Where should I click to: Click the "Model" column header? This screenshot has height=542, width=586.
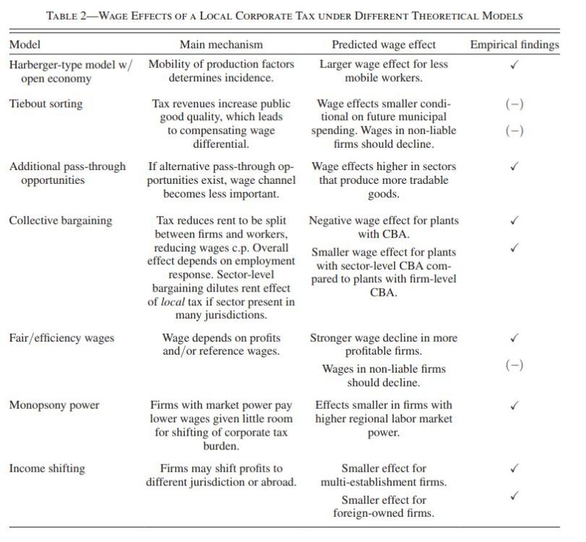click(x=25, y=45)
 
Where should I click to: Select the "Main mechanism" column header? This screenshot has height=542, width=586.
click(x=221, y=45)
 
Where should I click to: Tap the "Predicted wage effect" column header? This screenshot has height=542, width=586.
click(x=384, y=45)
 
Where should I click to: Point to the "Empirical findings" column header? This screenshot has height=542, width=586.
click(x=514, y=45)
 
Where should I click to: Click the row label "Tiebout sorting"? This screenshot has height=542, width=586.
click(x=46, y=103)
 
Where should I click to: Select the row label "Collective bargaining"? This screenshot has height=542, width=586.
click(x=60, y=220)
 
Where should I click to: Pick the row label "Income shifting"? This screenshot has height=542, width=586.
click(x=46, y=468)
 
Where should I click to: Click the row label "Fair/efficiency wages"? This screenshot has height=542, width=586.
click(x=62, y=338)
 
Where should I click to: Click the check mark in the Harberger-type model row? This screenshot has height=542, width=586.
click(x=514, y=64)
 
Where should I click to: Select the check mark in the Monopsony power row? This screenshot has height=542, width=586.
click(x=514, y=405)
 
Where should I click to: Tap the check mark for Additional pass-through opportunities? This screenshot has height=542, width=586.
click(x=514, y=166)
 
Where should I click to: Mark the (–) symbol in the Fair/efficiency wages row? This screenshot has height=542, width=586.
click(x=514, y=365)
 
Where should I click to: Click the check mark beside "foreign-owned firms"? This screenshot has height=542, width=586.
click(x=514, y=496)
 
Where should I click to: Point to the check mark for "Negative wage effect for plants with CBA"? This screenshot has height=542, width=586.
click(x=514, y=220)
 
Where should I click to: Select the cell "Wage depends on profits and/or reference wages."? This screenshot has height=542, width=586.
click(x=221, y=344)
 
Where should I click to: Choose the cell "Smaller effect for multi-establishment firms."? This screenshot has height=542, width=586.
click(x=384, y=475)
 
